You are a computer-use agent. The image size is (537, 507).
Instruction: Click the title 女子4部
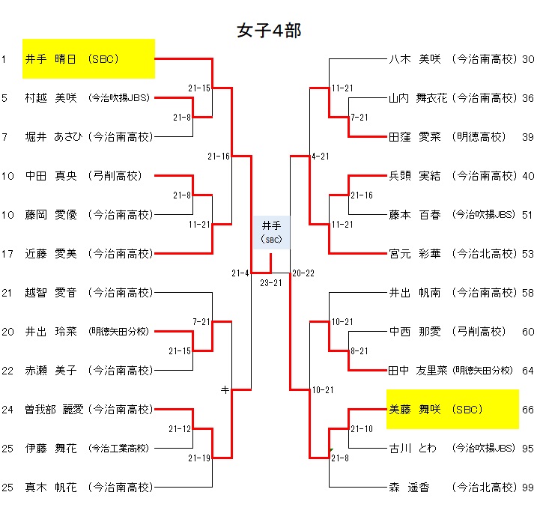268,30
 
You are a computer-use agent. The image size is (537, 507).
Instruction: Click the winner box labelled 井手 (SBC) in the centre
270,231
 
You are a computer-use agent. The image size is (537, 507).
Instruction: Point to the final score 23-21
270,282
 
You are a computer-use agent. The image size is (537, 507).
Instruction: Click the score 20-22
303,273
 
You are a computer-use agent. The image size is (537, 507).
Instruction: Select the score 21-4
240,273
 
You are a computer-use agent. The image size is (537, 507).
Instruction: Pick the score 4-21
320,156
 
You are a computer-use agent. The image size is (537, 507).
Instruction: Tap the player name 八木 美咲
413,58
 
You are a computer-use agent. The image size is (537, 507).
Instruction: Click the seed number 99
528,488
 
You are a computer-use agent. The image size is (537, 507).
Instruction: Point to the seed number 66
528,410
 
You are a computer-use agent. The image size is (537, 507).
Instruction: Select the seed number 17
7,254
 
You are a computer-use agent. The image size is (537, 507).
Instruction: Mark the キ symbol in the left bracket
224,389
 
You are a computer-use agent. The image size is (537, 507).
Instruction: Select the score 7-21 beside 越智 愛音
201,321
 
